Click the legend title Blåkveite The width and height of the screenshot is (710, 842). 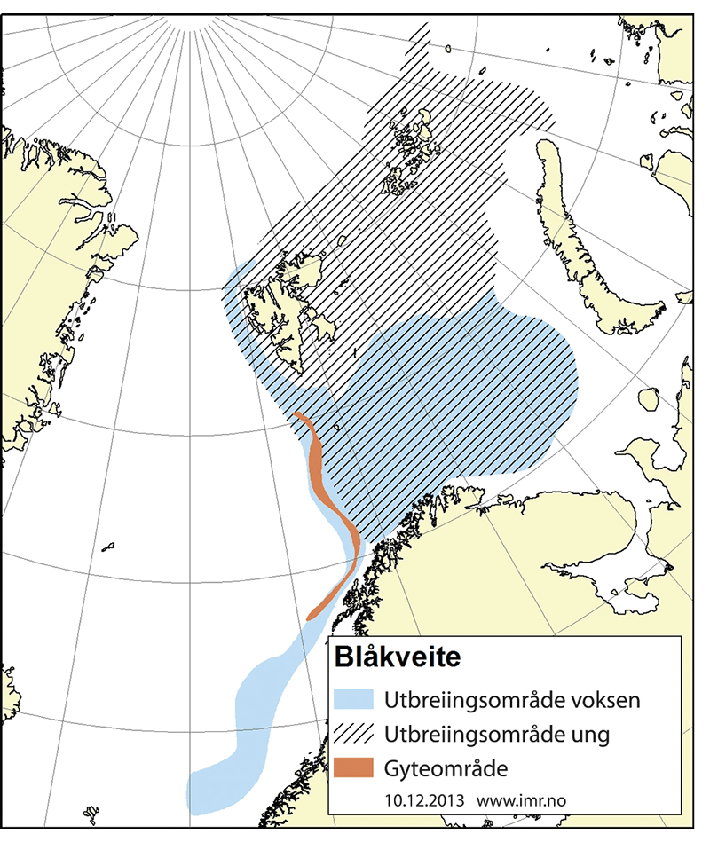(x=397, y=659)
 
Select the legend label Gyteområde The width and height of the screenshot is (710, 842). (x=446, y=768)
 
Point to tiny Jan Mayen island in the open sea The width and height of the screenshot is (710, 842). (x=109, y=546)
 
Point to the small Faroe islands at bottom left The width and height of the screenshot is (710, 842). (x=89, y=812)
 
